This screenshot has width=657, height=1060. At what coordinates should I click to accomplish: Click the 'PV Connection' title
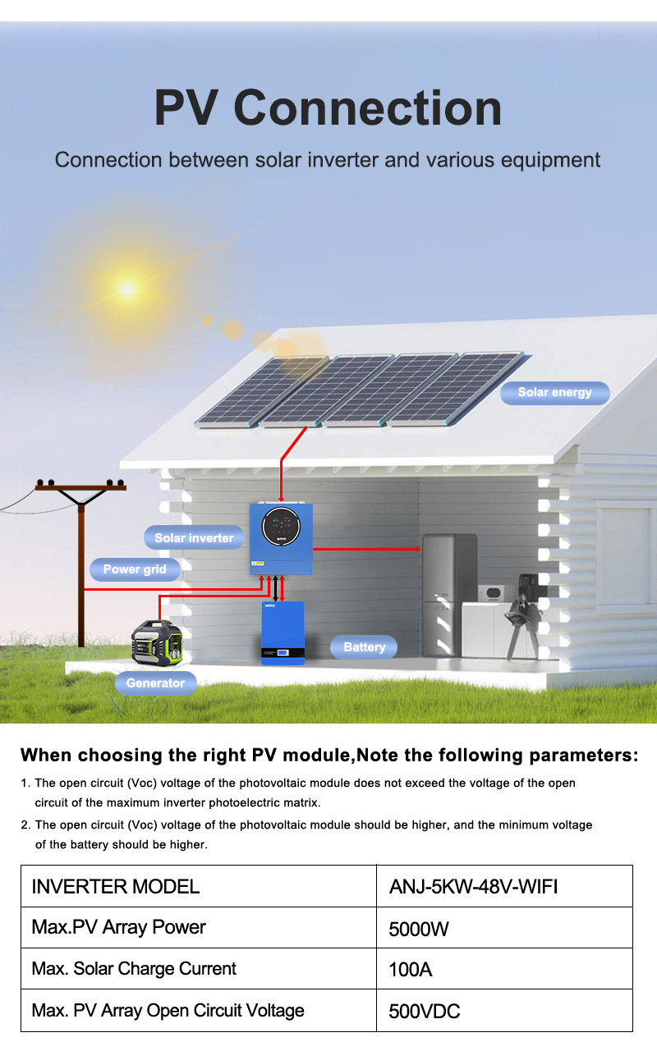coord(328,108)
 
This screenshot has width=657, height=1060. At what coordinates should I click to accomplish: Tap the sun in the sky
coord(127,289)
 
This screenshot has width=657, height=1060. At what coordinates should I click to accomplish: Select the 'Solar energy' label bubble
coord(554,393)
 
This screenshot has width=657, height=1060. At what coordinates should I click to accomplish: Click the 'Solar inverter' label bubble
coord(194,537)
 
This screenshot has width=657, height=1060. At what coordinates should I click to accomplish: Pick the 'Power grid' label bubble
coord(135,569)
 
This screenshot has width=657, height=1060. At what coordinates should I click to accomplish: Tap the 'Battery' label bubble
coord(364,647)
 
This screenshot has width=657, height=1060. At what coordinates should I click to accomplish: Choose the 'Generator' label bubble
coord(155,683)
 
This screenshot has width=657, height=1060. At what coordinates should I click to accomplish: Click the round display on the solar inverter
coord(282,526)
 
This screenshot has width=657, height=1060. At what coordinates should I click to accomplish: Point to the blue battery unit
coord(283,633)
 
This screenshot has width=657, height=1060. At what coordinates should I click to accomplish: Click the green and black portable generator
coord(157,642)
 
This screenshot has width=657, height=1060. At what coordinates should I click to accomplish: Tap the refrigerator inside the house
coord(449,596)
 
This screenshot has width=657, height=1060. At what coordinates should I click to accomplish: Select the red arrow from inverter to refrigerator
coord(367,549)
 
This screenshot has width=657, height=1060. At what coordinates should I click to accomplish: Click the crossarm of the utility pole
coord(81,487)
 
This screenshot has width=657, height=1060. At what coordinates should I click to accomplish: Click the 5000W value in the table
coord(418,929)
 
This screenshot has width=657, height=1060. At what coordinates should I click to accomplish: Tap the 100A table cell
coord(504,969)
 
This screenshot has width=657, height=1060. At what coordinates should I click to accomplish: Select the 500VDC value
coord(425,1012)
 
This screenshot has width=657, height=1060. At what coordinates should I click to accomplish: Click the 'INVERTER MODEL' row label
coord(116,886)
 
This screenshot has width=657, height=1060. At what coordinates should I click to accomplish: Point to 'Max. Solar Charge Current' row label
coord(134,969)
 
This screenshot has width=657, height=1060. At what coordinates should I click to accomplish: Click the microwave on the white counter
coord(492,593)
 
